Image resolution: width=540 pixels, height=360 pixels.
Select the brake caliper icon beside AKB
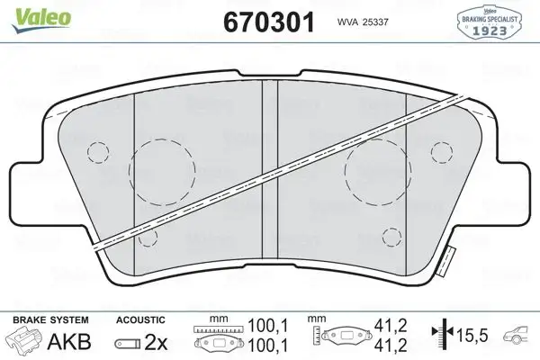point(24,342)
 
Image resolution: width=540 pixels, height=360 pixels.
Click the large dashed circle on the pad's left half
point(163,170)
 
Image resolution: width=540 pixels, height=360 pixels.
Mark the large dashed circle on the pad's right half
point(378,170)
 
